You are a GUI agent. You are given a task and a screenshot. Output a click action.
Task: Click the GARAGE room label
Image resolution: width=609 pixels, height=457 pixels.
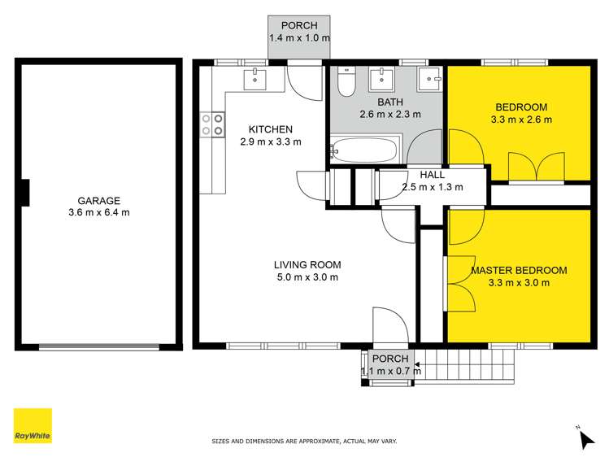(x=99, y=201)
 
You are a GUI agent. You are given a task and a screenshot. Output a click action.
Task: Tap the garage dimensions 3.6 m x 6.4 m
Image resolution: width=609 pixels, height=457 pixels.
(x=99, y=213)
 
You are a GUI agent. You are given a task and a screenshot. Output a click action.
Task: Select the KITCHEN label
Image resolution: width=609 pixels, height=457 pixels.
(x=270, y=129)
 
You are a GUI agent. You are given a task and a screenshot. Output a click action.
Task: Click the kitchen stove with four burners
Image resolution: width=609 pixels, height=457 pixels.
(x=212, y=124)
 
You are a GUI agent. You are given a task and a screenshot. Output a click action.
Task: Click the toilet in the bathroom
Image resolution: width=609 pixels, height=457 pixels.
(x=345, y=81)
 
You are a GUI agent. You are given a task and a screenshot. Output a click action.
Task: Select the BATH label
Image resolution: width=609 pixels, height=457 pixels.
(x=390, y=102)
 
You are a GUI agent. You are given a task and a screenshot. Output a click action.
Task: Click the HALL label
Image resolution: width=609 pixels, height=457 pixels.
(x=432, y=175)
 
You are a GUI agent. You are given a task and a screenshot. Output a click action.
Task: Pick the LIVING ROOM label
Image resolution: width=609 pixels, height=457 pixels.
(x=307, y=264)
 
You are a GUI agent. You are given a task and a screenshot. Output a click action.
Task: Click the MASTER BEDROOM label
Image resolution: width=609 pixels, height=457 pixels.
(x=519, y=271)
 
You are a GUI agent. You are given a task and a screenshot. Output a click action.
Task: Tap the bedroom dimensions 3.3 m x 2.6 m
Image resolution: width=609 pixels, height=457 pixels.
(x=521, y=120)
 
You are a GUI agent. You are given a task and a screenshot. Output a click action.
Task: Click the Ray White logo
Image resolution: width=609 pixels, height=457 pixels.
(x=32, y=425)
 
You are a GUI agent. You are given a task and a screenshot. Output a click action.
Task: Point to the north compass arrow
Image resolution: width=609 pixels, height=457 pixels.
(x=586, y=438)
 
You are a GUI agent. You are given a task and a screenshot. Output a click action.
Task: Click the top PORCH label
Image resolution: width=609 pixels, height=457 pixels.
(x=299, y=26)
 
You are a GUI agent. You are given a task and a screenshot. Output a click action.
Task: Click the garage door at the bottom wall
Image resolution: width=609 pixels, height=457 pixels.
(x=99, y=347)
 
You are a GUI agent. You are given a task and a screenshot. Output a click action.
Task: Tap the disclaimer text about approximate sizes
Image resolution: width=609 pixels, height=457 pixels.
(x=304, y=441)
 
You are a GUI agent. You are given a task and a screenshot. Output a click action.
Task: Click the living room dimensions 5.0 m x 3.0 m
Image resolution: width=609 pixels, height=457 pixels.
(x=307, y=277)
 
